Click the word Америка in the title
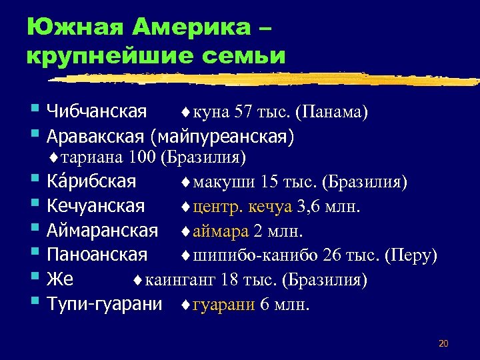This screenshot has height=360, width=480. pos(193,28)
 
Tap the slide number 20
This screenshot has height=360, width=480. pos(444,344)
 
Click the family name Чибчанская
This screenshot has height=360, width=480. pos(97,112)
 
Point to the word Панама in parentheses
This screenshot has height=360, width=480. pos(335,112)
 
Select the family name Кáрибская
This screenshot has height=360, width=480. pos(91,181)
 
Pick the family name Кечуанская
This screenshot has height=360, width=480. pos(95,207)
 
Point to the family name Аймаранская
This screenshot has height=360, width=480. pos(102,231)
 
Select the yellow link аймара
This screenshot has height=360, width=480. pos(219,231)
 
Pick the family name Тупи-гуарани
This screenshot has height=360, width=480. pos(105,304)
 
